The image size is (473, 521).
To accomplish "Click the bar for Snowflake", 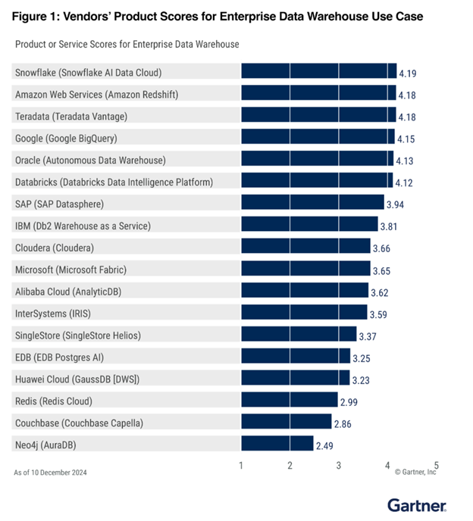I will click(x=319, y=71).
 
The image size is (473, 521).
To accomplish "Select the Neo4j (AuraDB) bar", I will click(x=277, y=443).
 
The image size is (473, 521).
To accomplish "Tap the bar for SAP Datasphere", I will click(x=312, y=203).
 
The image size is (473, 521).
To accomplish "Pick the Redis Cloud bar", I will click(x=289, y=400).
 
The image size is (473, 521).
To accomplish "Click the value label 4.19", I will click(x=408, y=73).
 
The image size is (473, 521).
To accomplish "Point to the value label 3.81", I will click(x=389, y=226).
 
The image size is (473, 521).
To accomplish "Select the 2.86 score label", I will click(x=343, y=423).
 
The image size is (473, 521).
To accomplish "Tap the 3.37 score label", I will click(x=368, y=335).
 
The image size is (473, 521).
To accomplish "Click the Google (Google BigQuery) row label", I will click(x=77, y=138).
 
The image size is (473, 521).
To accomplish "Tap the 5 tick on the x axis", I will click(x=436, y=465).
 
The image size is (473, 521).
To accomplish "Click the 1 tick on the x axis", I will click(x=241, y=465).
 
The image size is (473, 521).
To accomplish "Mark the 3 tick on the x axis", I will click(x=339, y=465).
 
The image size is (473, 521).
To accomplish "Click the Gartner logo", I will click(x=416, y=504).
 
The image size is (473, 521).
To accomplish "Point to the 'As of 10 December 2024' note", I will click(x=50, y=473).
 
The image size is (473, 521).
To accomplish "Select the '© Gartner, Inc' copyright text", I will click(x=415, y=473).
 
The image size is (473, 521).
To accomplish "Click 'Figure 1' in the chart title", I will click(x=38, y=16).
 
